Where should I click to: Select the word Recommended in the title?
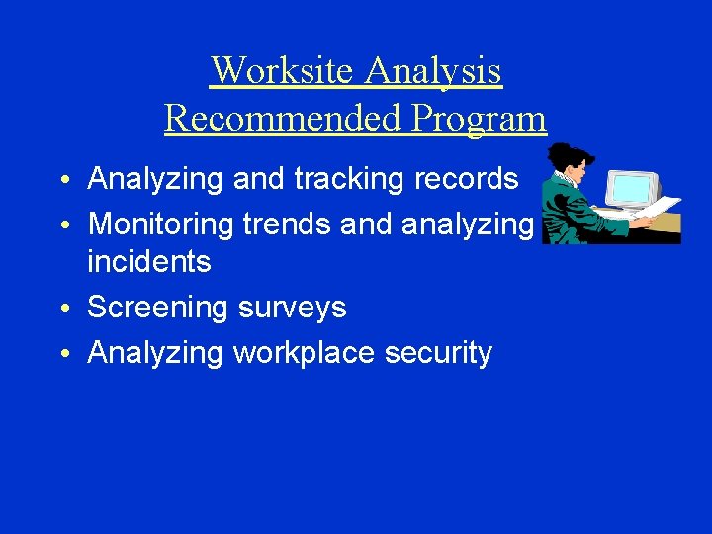coord(283,119)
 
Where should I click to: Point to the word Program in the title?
coord(479,119)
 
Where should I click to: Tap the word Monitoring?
coord(160,224)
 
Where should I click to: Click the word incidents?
coord(149,262)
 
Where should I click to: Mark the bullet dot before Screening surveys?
coord(62,310)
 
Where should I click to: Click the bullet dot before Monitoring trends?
coord(62,226)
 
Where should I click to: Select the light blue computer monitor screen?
coord(630,188)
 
